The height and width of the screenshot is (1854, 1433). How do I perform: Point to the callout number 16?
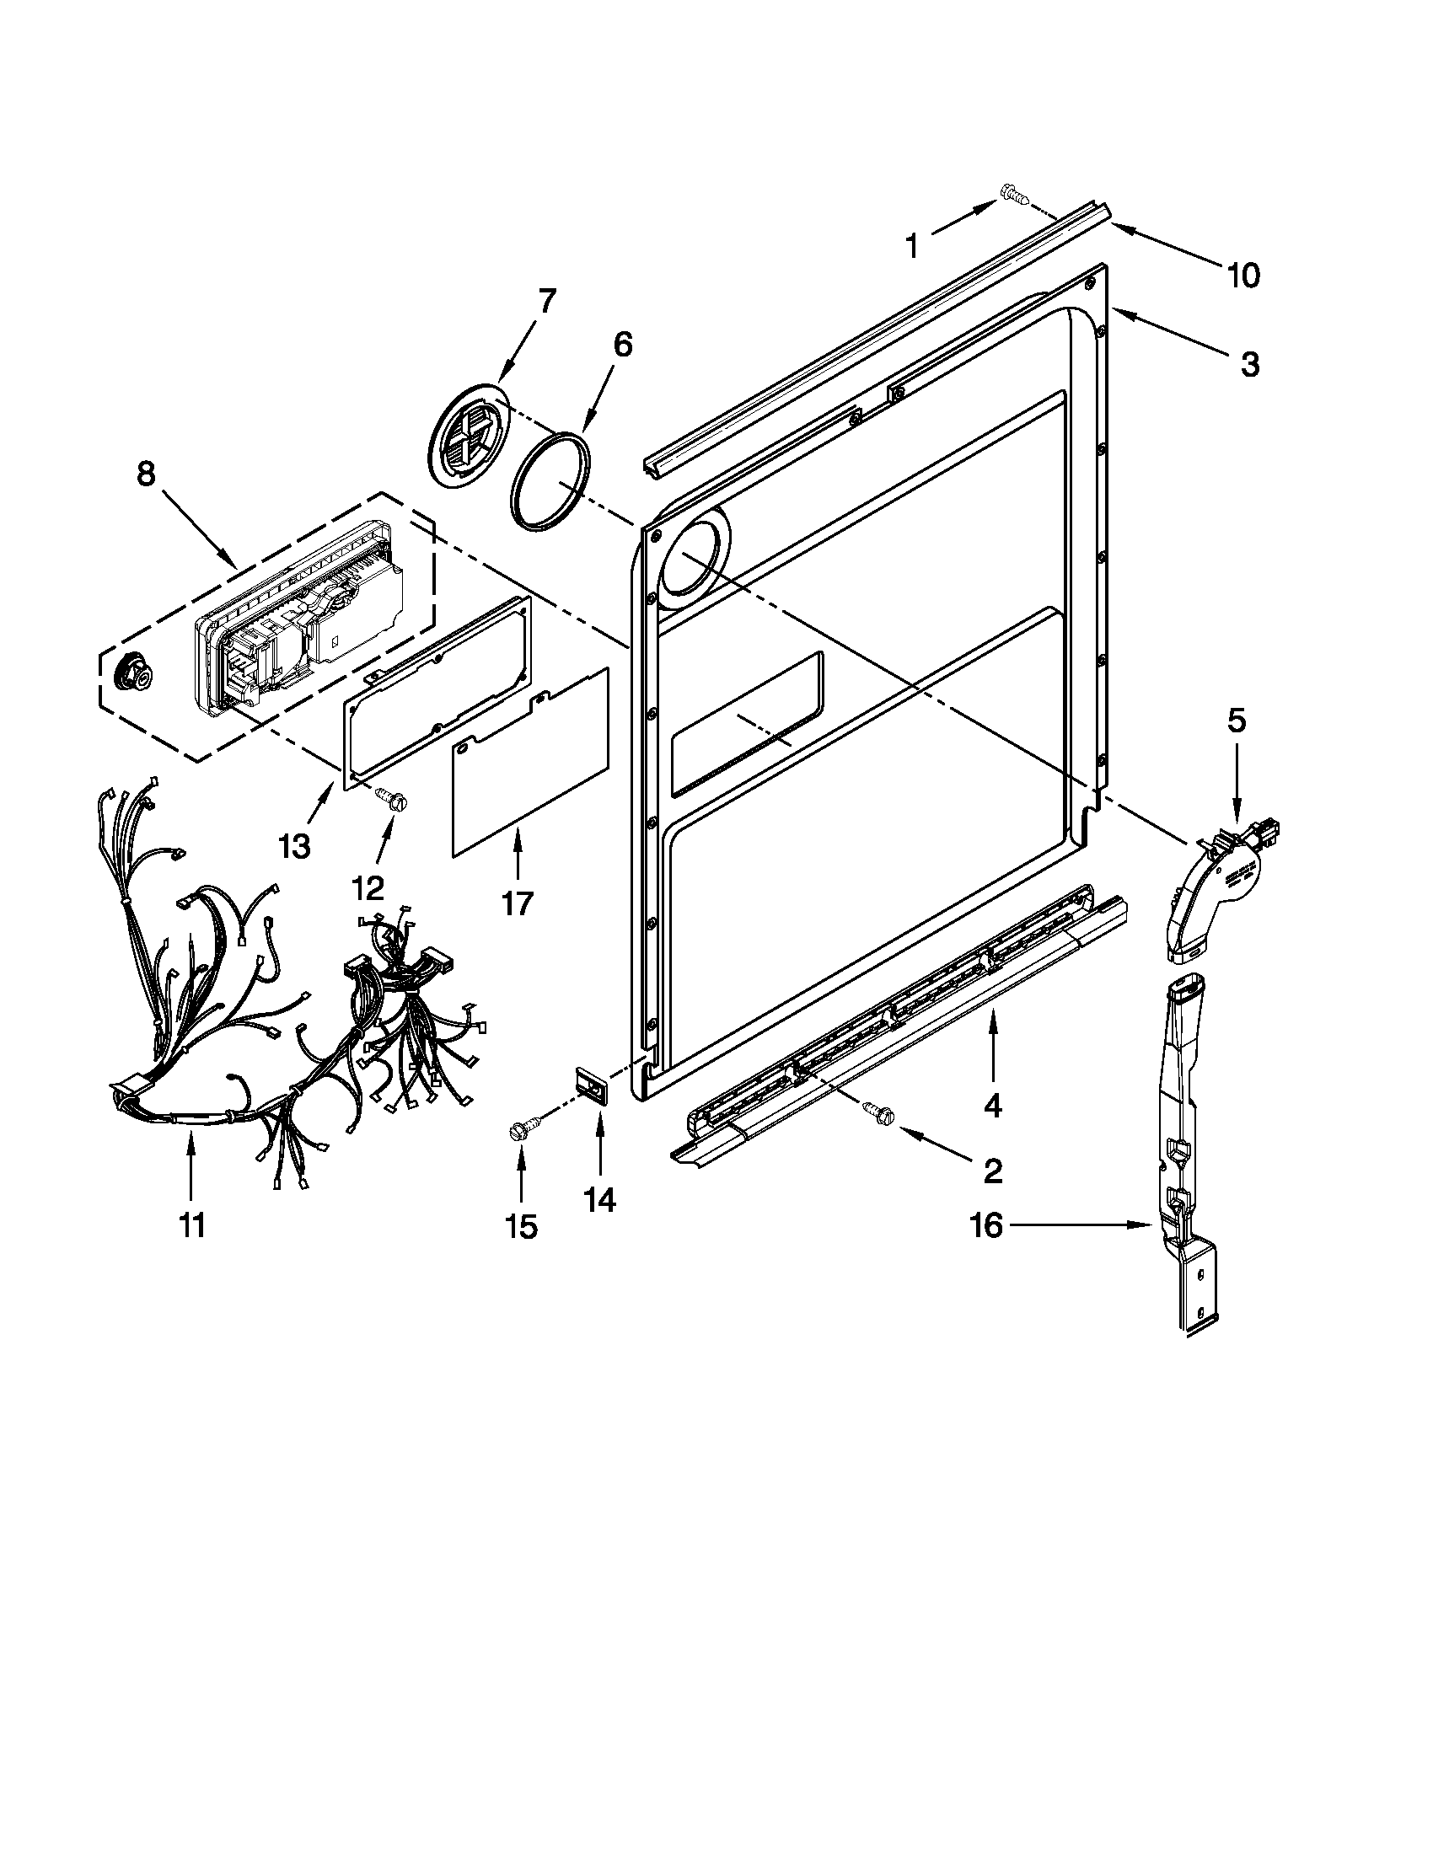(x=986, y=1226)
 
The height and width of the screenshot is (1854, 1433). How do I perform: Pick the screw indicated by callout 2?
(x=876, y=1110)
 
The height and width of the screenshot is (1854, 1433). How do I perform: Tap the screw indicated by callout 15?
(x=518, y=1130)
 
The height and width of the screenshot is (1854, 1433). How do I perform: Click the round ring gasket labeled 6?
(x=551, y=481)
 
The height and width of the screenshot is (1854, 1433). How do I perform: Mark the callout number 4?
(x=991, y=1106)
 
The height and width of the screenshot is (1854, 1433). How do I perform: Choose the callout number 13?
(x=294, y=846)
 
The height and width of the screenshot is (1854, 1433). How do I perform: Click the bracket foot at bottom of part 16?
(x=1196, y=1299)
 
